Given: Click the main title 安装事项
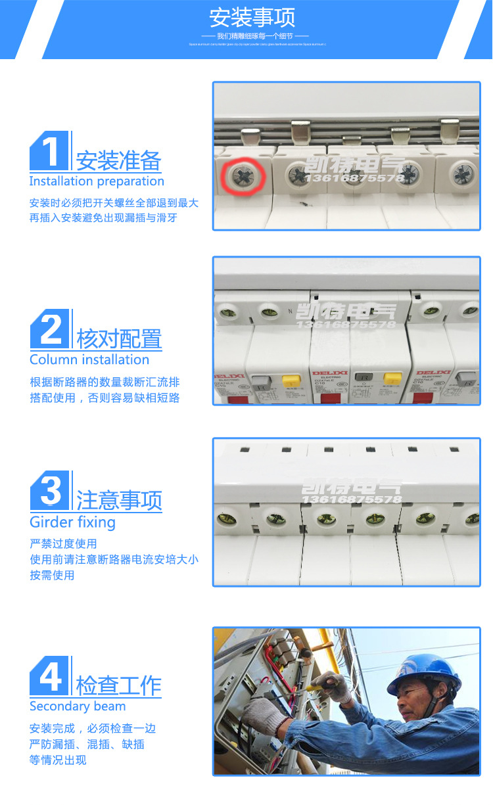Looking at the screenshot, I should [252, 16].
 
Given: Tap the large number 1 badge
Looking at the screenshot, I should [50, 151].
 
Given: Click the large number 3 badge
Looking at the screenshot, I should [50, 491].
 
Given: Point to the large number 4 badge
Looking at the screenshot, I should [50, 676].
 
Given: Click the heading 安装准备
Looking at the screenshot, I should [118, 161].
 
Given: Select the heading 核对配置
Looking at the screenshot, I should [119, 339].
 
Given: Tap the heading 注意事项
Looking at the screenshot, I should [119, 501].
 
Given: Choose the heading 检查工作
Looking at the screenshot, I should [119, 685].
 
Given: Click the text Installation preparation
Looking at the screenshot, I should [97, 181].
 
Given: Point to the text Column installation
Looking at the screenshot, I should [89, 360].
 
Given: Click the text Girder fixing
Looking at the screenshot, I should [72, 522].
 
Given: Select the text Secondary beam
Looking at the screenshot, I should [78, 706].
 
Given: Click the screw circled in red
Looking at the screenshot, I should [243, 176].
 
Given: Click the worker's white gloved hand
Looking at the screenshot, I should [266, 714].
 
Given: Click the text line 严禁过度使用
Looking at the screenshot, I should [63, 543].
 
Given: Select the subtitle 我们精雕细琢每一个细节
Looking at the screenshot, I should [256, 35].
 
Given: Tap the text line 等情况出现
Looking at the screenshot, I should [58, 760].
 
